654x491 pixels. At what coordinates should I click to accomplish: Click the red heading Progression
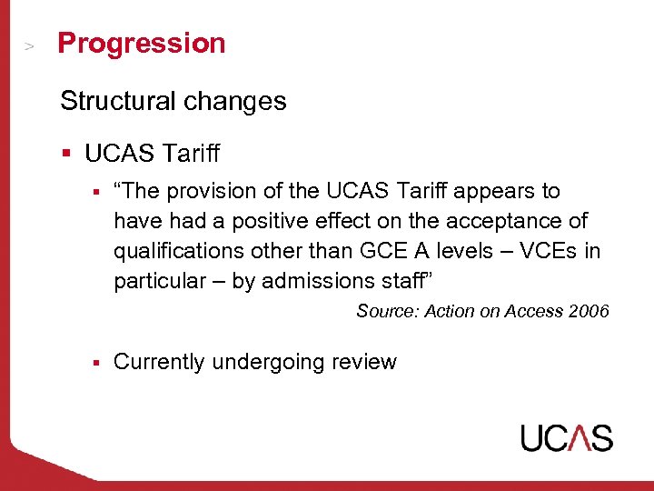pyautogui.click(x=141, y=44)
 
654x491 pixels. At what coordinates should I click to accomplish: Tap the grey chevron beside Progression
pyautogui.click(x=30, y=46)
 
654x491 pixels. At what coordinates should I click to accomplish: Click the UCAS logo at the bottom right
pyautogui.click(x=566, y=437)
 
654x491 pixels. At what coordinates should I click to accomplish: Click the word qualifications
pyautogui.click(x=173, y=251)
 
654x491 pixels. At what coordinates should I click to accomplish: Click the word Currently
pyautogui.click(x=159, y=362)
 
